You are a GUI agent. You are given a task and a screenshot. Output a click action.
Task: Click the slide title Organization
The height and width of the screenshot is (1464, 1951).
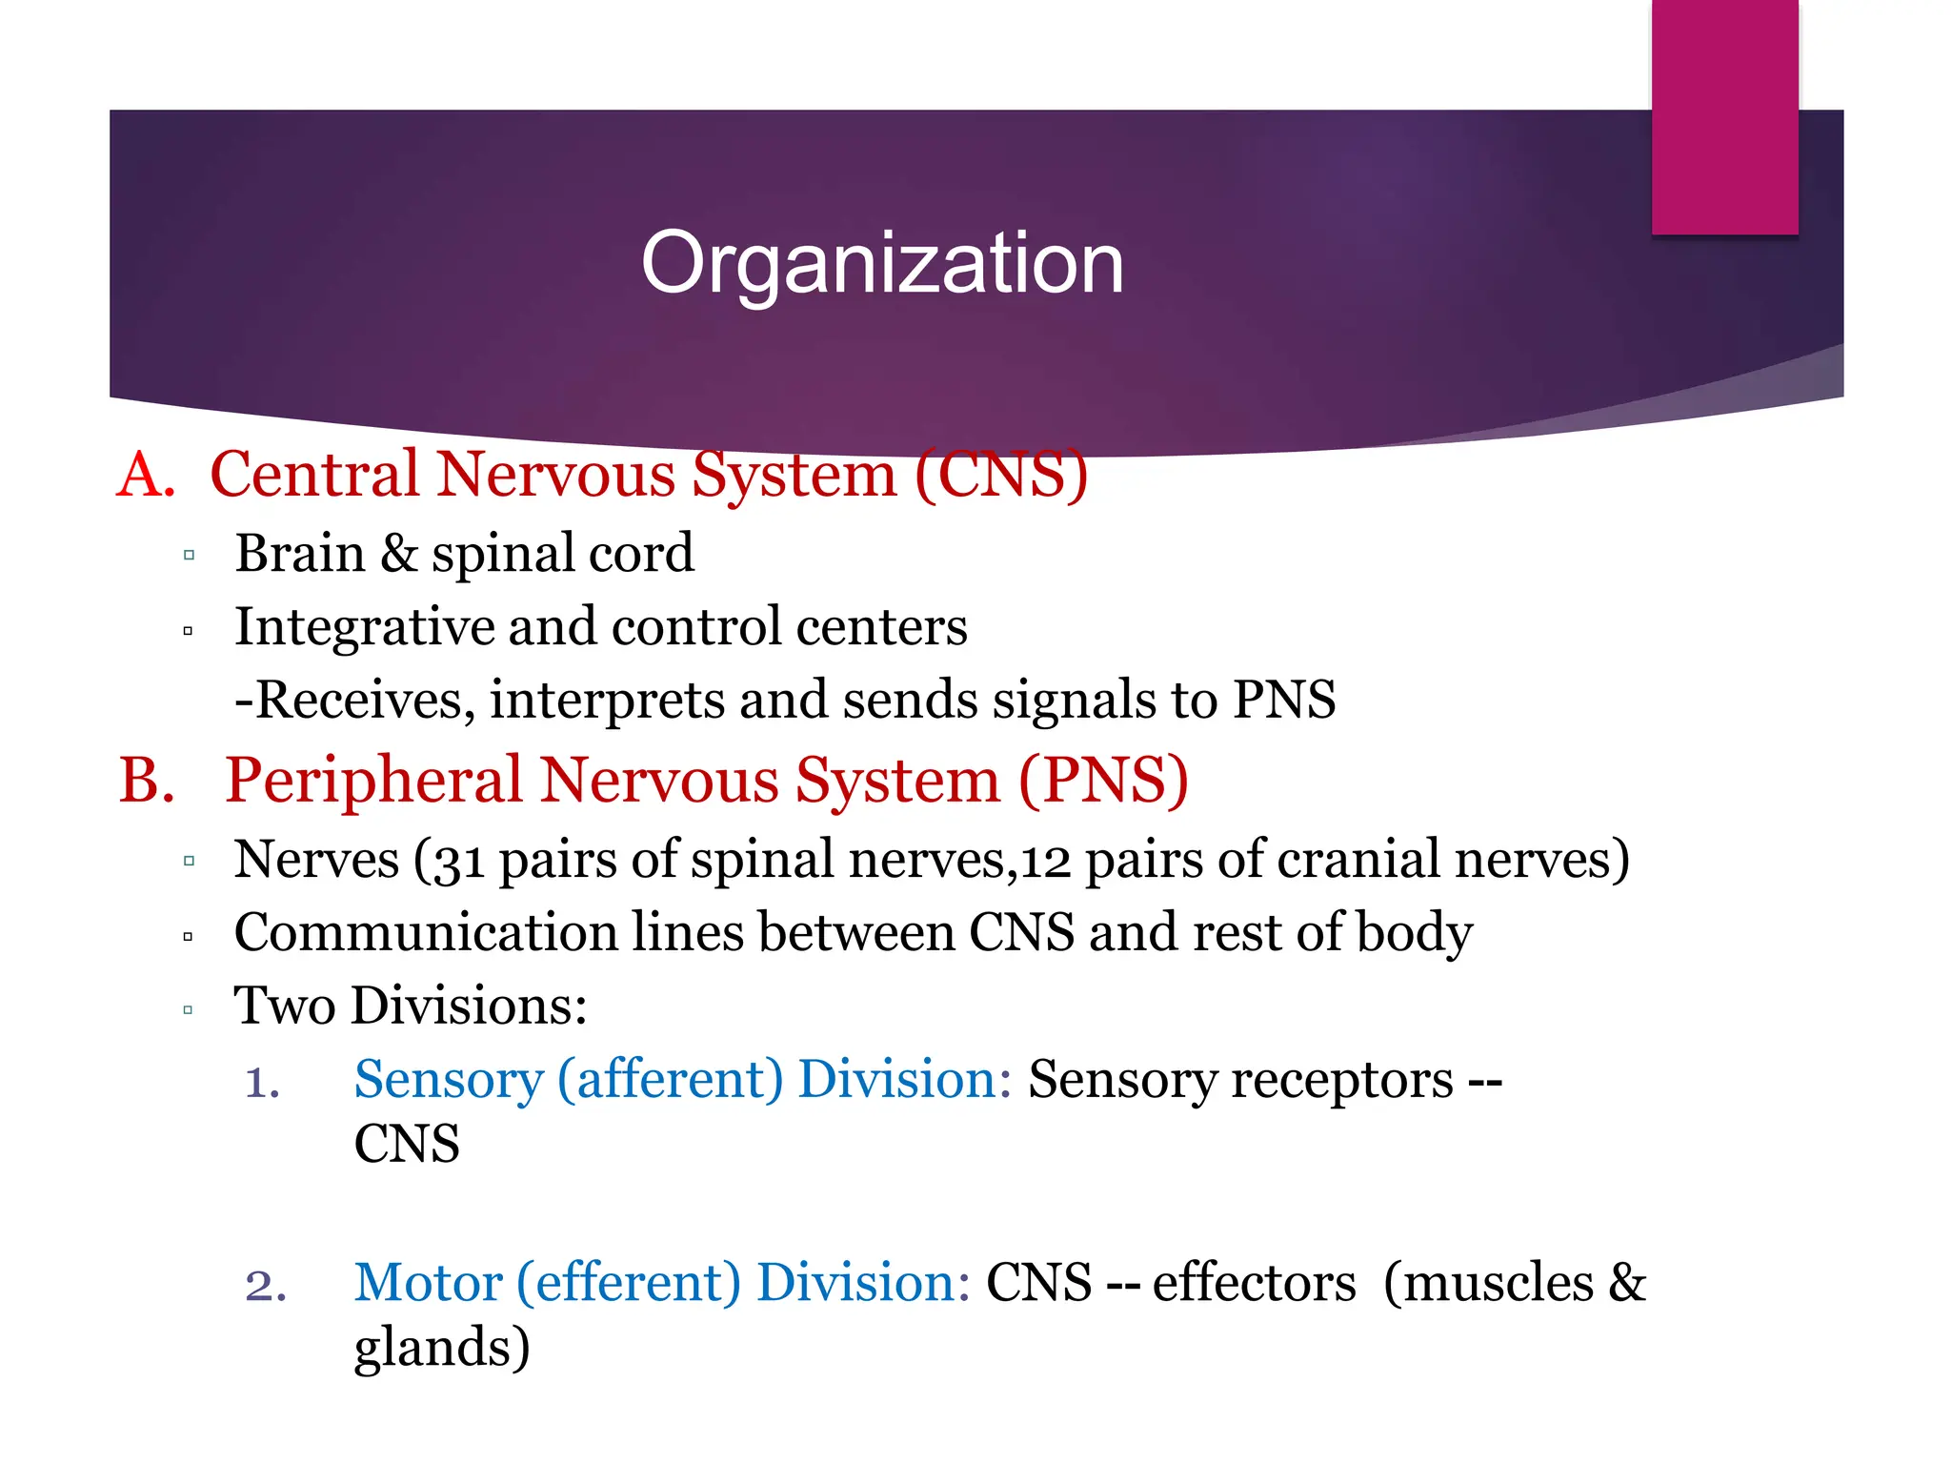(882, 263)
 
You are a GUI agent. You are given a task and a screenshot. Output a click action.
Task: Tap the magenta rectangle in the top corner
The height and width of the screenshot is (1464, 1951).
(1724, 116)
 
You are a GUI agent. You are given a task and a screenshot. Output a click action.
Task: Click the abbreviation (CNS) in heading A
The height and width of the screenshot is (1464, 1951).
(1000, 475)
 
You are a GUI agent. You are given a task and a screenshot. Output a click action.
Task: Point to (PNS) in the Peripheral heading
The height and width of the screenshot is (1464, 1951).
(1103, 781)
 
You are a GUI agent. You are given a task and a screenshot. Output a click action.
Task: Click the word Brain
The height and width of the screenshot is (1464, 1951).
(300, 554)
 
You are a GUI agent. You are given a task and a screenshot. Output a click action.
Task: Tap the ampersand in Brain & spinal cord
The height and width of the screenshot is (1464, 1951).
(399, 554)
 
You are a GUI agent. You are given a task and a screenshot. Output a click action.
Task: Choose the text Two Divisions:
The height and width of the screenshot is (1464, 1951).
(411, 1006)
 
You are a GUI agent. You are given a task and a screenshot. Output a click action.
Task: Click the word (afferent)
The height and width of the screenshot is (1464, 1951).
(670, 1081)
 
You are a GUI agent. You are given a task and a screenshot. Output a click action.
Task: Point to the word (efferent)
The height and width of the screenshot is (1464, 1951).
(628, 1284)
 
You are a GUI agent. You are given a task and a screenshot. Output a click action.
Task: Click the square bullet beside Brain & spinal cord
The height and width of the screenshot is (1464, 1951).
(189, 556)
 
